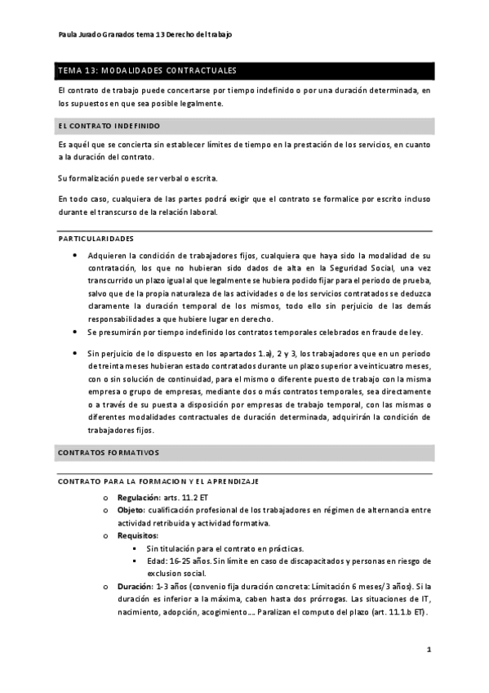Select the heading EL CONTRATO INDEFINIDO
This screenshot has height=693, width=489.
click(109, 126)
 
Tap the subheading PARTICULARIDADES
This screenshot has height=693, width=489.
click(96, 238)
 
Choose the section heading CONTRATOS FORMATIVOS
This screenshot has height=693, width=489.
click(109, 451)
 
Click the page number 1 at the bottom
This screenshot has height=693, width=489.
click(429, 651)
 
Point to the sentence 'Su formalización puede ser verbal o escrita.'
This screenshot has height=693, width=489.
click(127, 177)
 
